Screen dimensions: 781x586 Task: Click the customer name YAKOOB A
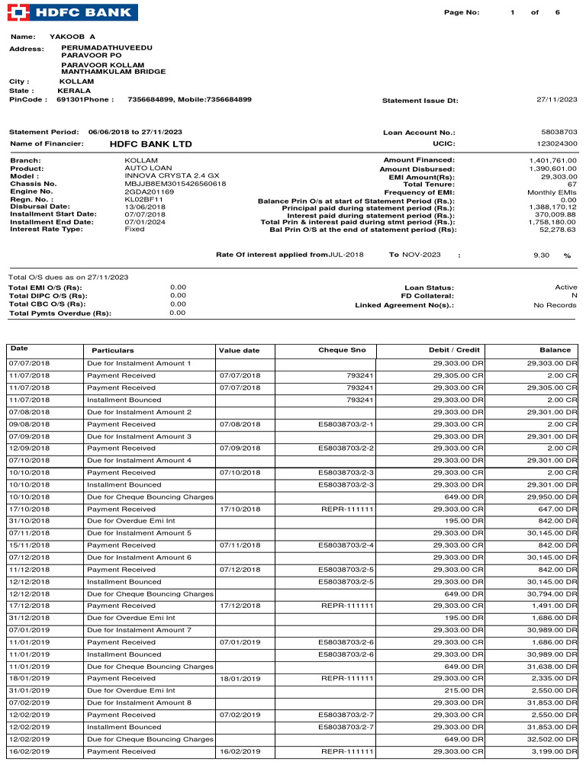(x=72, y=37)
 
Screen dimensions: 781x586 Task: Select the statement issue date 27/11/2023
(x=557, y=99)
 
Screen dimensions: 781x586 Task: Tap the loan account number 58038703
(x=559, y=132)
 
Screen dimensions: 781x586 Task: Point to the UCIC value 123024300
(x=557, y=143)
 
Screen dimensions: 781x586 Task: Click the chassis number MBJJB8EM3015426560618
(x=175, y=183)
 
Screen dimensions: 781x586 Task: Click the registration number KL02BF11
(x=143, y=198)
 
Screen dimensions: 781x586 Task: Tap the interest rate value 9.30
(x=541, y=255)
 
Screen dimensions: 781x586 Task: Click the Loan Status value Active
(x=565, y=287)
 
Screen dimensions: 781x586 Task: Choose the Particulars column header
(x=112, y=350)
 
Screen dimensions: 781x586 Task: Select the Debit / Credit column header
(x=455, y=350)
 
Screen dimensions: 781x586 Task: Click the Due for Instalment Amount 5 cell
(x=139, y=533)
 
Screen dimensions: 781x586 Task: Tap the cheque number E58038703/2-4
(x=346, y=545)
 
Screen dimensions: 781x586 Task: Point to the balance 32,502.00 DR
(x=551, y=739)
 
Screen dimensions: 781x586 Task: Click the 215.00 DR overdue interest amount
(x=464, y=690)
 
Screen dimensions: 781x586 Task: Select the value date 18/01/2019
(x=240, y=679)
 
